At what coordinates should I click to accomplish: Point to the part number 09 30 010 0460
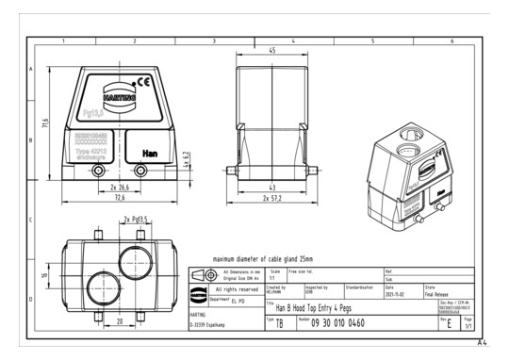coord(342,322)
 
